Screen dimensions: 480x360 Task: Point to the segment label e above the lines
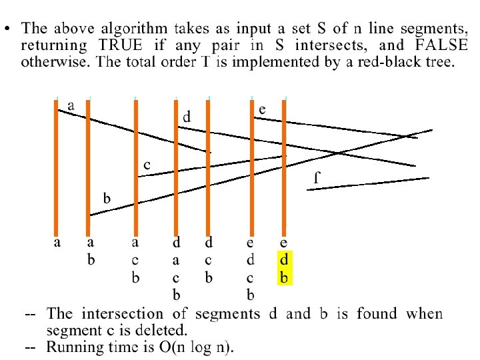[263, 109]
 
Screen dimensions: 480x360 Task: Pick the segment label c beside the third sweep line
[147, 164]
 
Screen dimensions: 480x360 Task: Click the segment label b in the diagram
[106, 198]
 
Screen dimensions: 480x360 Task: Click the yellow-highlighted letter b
[284, 277]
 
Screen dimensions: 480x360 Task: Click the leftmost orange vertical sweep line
[56, 167]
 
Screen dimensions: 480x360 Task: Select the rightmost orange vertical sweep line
[284, 167]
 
